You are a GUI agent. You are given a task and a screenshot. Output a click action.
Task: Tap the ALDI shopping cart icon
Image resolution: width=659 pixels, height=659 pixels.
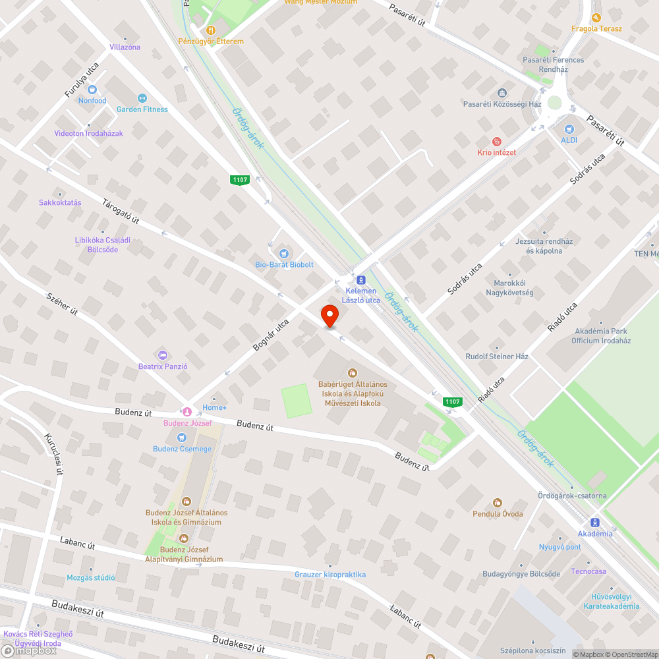coord(569,129)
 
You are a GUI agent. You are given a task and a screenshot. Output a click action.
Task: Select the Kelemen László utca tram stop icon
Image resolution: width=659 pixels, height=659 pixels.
coord(361,279)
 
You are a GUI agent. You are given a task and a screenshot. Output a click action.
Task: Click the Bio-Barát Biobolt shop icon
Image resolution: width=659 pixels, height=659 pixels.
coord(284,253)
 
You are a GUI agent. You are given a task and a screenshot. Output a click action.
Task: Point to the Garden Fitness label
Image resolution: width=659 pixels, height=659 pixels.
coord(142,109)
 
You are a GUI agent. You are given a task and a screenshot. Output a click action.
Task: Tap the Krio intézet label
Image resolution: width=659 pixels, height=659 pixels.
coord(496,152)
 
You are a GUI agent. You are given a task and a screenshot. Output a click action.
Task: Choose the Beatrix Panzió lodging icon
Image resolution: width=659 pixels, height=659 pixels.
coord(163,355)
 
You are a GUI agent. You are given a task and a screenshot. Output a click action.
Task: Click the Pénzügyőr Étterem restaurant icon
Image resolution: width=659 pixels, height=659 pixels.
coord(211,30)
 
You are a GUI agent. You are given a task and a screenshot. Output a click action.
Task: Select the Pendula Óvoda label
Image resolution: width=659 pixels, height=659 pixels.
coord(498,513)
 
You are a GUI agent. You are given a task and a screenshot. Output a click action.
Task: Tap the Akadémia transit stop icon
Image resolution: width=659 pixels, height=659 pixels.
coord(595,521)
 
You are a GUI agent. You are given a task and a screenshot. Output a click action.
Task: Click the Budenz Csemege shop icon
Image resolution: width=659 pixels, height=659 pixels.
coord(182,438)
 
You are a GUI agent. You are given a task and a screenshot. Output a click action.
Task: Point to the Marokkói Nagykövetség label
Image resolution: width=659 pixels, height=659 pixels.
coord(509,288)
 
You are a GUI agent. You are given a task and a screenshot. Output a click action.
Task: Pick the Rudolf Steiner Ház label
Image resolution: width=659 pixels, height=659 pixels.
coord(497,357)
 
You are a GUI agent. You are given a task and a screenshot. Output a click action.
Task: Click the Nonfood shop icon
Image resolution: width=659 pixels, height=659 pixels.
coord(92,89)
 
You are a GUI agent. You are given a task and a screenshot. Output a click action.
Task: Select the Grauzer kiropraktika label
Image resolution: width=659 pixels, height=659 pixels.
coord(329,575)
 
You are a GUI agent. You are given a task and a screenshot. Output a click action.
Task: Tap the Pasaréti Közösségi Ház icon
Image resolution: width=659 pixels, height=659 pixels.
coord(502,93)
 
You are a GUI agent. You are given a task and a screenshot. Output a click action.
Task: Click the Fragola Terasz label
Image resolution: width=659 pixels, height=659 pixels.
coord(596,28)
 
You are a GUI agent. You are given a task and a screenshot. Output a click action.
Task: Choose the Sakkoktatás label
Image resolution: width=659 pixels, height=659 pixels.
coord(60,202)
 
